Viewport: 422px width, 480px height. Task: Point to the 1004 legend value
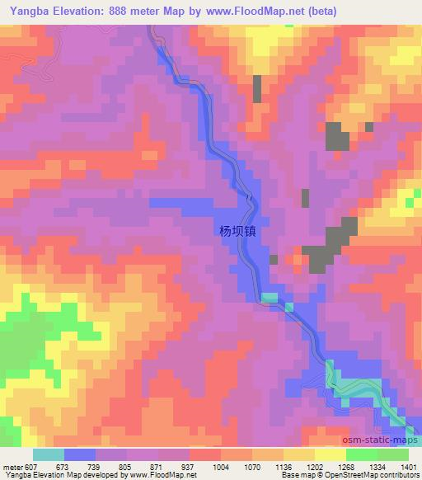pyautogui.click(x=219, y=467)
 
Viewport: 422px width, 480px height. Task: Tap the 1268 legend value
pyautogui.click(x=346, y=467)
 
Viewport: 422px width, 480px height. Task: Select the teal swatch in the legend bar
pyautogui.click(x=49, y=454)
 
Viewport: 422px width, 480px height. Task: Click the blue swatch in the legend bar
pyautogui.click(x=80, y=454)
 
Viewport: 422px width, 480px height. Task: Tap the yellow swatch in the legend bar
pyautogui.click(x=330, y=454)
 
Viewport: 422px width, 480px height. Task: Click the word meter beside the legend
pyautogui.click(x=14, y=467)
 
